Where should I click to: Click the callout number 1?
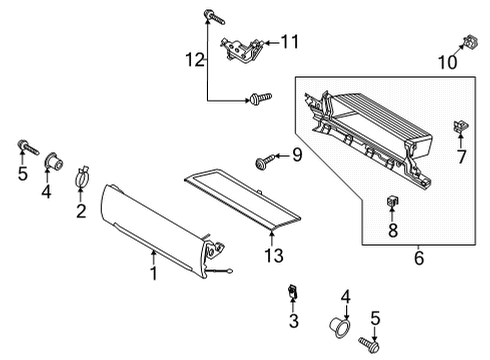(153, 272)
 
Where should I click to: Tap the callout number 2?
(82, 212)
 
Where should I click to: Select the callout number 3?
(293, 321)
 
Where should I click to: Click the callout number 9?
(296, 154)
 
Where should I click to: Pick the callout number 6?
(418, 259)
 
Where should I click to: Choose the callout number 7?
(462, 157)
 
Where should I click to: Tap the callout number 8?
(392, 231)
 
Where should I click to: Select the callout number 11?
(289, 41)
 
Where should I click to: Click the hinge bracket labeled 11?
(241, 48)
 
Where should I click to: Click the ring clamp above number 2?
(82, 181)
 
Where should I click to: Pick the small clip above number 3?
(292, 292)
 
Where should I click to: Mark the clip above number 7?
(461, 126)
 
